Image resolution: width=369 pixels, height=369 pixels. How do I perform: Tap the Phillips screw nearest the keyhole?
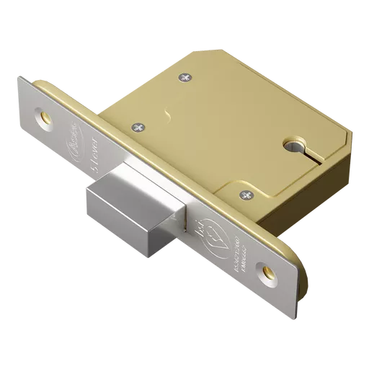pyautogui.click(x=247, y=193)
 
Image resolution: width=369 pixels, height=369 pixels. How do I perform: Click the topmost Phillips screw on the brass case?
pyautogui.click(x=188, y=74)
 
